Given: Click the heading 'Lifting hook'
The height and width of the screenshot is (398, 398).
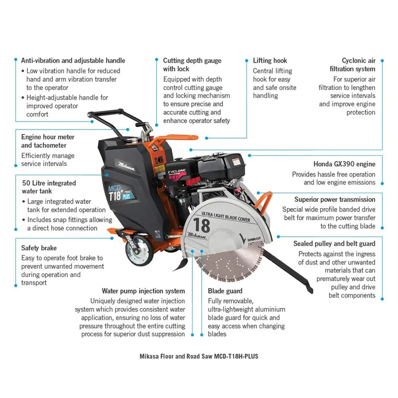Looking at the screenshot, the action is [270, 61].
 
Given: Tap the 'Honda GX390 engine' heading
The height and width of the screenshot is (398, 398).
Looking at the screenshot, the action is [344, 164].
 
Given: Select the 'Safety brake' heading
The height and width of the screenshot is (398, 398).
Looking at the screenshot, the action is [39, 248].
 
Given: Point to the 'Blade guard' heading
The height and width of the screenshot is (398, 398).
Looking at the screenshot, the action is [225, 291].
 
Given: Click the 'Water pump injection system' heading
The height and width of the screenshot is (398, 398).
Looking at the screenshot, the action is [143, 291].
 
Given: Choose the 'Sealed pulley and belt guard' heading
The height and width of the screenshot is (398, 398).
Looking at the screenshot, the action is [334, 244].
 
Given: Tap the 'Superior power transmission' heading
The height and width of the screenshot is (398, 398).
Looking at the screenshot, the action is [335, 200].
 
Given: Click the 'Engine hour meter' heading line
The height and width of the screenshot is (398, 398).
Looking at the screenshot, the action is [48, 137].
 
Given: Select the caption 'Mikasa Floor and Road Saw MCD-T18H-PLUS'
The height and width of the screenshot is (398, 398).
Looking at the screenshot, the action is [199, 356].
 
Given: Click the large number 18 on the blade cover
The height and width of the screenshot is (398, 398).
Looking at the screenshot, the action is [202, 225].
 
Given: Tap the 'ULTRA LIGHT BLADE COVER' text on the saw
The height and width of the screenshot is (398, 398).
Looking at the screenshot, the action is [226, 217].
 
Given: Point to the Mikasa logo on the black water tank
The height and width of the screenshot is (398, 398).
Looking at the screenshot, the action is [126, 166].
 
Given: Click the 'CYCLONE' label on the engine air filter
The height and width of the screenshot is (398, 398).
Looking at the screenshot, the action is [177, 171].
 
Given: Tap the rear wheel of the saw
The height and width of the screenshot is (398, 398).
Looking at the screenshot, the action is [139, 250].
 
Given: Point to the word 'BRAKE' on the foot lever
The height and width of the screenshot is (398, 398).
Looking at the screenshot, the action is [130, 242].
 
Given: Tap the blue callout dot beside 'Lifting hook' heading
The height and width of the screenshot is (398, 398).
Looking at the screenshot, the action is [246, 61].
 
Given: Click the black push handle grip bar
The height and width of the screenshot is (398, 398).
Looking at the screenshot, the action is [105, 113].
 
